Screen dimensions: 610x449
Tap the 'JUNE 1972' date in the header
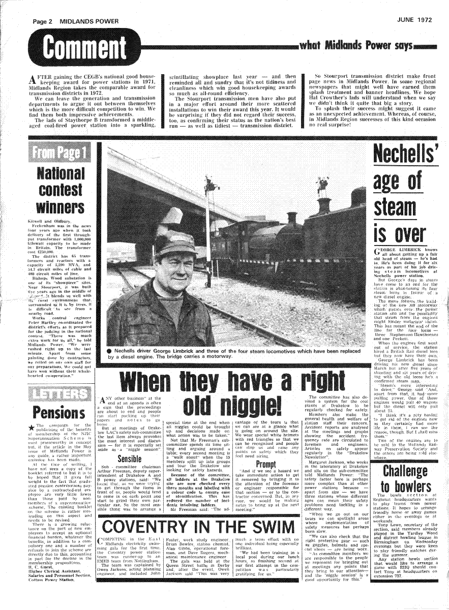(x=414, y=20)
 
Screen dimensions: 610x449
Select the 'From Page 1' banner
(x=60, y=151)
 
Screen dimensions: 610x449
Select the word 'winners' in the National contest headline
(x=60, y=207)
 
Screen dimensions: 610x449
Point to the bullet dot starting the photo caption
(x=109, y=350)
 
